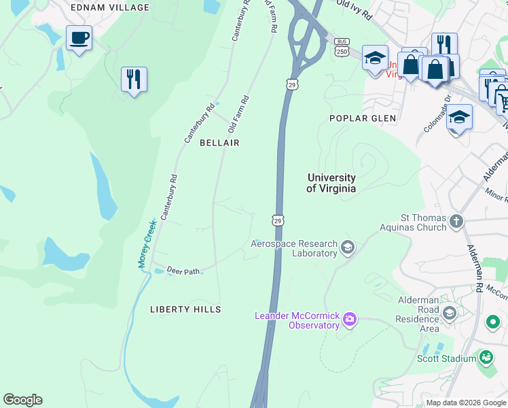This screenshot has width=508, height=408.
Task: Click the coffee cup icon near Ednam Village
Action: (79, 38)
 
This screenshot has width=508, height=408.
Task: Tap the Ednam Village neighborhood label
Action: (109, 7)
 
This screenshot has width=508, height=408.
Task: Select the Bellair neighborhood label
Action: (219, 143)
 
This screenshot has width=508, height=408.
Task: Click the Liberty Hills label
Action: (185, 309)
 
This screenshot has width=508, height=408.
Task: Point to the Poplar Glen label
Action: (362, 118)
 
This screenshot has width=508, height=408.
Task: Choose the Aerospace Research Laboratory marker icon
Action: (348, 246)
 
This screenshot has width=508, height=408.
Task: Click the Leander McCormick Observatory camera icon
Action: (350, 318)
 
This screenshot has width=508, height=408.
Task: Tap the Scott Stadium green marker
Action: (486, 356)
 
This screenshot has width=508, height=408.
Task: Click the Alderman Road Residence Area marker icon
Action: (448, 312)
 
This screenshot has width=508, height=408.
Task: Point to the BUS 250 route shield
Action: (342, 47)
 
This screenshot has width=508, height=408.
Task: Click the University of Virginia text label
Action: (331, 183)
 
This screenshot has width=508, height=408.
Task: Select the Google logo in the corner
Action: (22, 400)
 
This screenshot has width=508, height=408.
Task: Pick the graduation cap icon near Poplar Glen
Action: (459, 117)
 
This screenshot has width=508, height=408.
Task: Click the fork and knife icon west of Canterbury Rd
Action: (134, 79)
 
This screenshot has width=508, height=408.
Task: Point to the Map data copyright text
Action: (466, 403)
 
